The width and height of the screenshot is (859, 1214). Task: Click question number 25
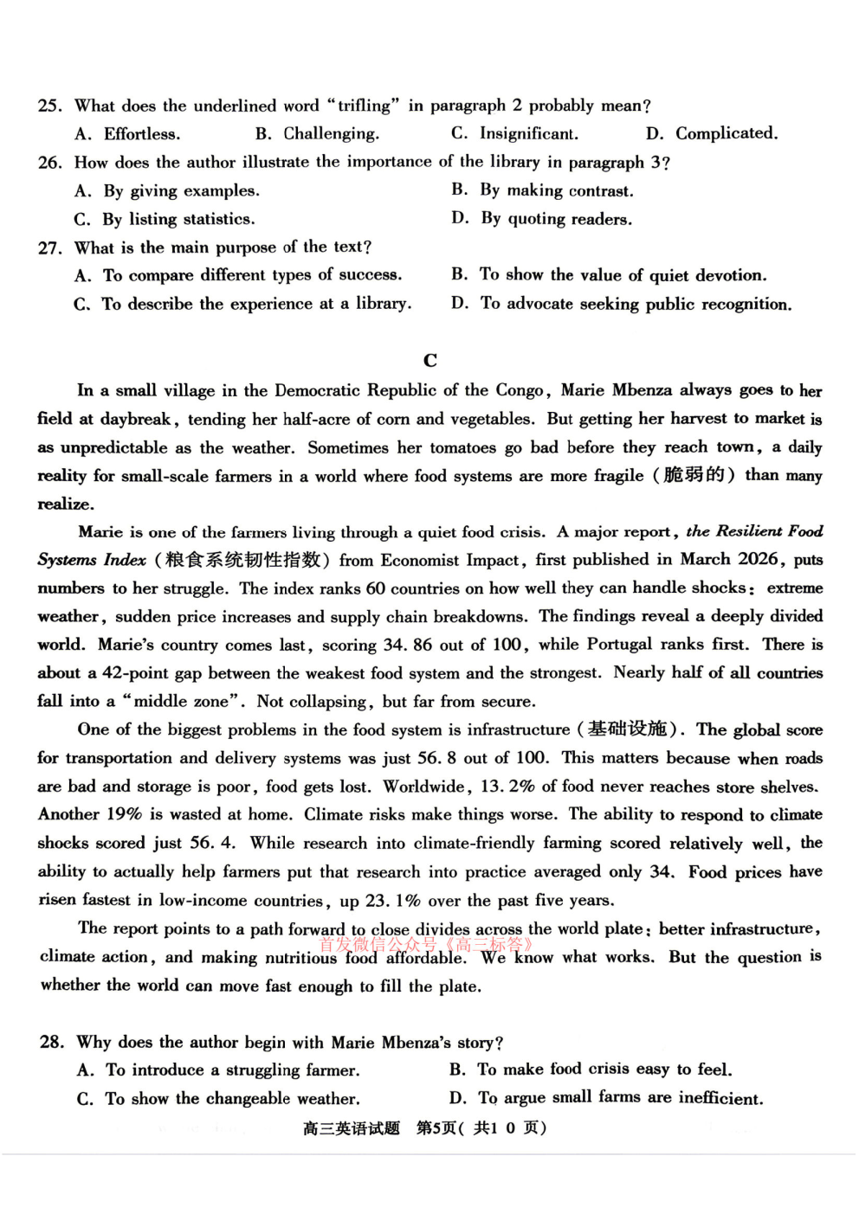49,106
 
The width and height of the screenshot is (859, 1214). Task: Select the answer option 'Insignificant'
528,133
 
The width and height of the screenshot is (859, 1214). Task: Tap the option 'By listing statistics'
178,219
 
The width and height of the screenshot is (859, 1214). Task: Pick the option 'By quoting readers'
556,219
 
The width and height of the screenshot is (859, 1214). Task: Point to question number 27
49,248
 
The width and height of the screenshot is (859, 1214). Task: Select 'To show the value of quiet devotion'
623,275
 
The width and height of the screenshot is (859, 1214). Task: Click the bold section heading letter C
430,360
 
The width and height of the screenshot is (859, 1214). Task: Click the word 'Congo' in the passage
520,390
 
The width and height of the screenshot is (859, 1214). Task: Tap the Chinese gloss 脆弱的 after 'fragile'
694,475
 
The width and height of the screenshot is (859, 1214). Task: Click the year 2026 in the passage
758,560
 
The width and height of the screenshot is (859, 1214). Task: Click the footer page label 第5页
436,1127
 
